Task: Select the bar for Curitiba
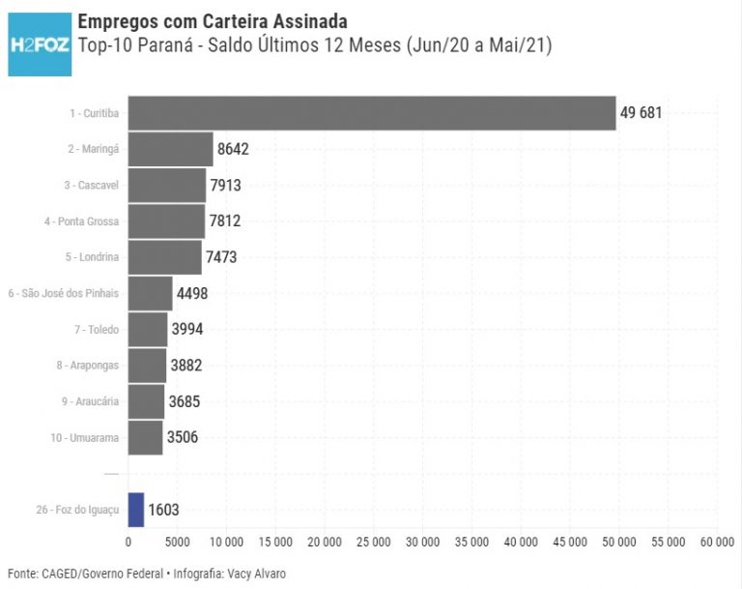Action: click(x=372, y=113)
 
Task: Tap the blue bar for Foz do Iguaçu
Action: click(x=136, y=510)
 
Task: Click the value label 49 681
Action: click(x=641, y=113)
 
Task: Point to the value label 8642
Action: click(x=234, y=150)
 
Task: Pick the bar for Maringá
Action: click(x=170, y=150)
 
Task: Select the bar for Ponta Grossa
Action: click(x=166, y=221)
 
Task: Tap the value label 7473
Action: click(x=221, y=257)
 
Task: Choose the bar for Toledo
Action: click(x=148, y=330)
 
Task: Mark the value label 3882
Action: click(x=185, y=366)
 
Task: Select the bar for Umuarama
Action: click(x=145, y=437)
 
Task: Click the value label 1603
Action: click(x=163, y=510)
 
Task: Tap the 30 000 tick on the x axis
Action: click(x=422, y=541)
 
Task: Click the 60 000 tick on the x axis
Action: click(x=716, y=541)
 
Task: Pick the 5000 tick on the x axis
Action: click(x=177, y=541)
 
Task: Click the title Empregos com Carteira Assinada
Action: click(x=213, y=21)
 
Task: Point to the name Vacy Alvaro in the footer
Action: click(x=255, y=574)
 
